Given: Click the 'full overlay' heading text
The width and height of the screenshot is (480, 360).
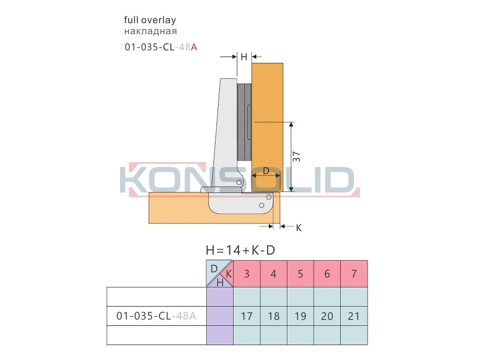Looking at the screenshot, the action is point(150,20).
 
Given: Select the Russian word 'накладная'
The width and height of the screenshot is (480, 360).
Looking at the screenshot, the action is point(150,31).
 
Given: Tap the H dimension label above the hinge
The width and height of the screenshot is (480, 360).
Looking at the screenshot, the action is point(244,57).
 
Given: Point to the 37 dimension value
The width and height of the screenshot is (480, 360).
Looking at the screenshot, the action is point(297,157).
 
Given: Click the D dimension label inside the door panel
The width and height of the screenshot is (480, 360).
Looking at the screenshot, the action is point(266,171).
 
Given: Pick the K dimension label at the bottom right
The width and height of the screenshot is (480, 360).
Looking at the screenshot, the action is point(299,228).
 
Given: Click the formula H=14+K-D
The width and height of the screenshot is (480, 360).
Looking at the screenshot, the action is point(241,251).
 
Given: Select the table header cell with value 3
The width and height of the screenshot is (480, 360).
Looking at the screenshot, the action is point(247,274).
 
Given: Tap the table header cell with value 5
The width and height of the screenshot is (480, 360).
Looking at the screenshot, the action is point(300,274).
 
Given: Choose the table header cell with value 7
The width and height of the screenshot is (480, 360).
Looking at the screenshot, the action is point(354,274).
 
